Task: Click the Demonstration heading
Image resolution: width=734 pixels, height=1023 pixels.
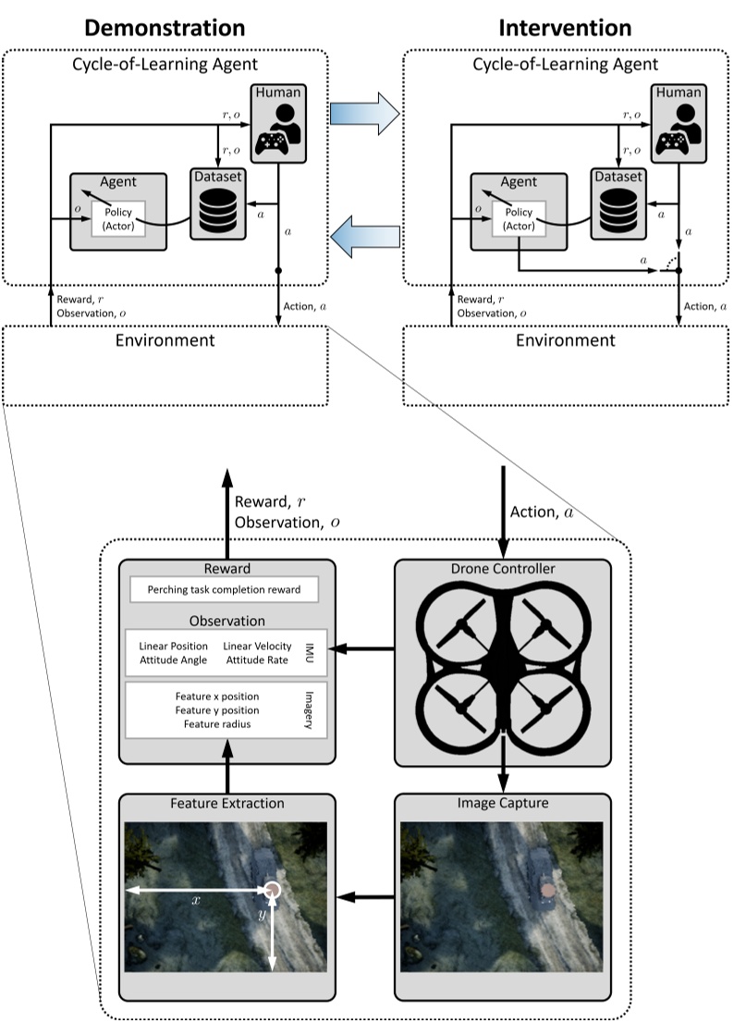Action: point(165,28)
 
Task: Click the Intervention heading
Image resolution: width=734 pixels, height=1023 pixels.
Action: point(565,28)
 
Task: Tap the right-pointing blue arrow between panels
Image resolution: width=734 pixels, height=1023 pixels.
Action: point(364,114)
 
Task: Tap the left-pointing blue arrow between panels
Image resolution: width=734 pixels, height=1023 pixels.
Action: point(365,236)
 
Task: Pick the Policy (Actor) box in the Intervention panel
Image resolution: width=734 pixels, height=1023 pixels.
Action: point(519,218)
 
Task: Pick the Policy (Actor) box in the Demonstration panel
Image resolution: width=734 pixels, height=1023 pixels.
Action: point(118,218)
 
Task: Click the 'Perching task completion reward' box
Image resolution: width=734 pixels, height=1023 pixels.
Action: point(225,589)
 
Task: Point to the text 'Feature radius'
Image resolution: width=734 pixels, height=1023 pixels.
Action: point(217,724)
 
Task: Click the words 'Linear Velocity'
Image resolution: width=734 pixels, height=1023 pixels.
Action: point(258,646)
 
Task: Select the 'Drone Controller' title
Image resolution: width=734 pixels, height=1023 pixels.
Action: point(503,569)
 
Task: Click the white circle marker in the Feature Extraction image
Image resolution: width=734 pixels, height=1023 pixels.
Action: point(273,890)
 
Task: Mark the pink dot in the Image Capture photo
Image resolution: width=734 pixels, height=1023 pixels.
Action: point(548,890)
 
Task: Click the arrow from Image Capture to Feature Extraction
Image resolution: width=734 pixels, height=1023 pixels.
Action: point(365,897)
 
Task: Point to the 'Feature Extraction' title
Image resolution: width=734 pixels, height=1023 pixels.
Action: point(227,803)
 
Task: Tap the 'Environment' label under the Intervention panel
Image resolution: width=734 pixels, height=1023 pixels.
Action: point(566,340)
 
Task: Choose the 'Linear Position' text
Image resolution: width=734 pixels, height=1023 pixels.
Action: point(174,646)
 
